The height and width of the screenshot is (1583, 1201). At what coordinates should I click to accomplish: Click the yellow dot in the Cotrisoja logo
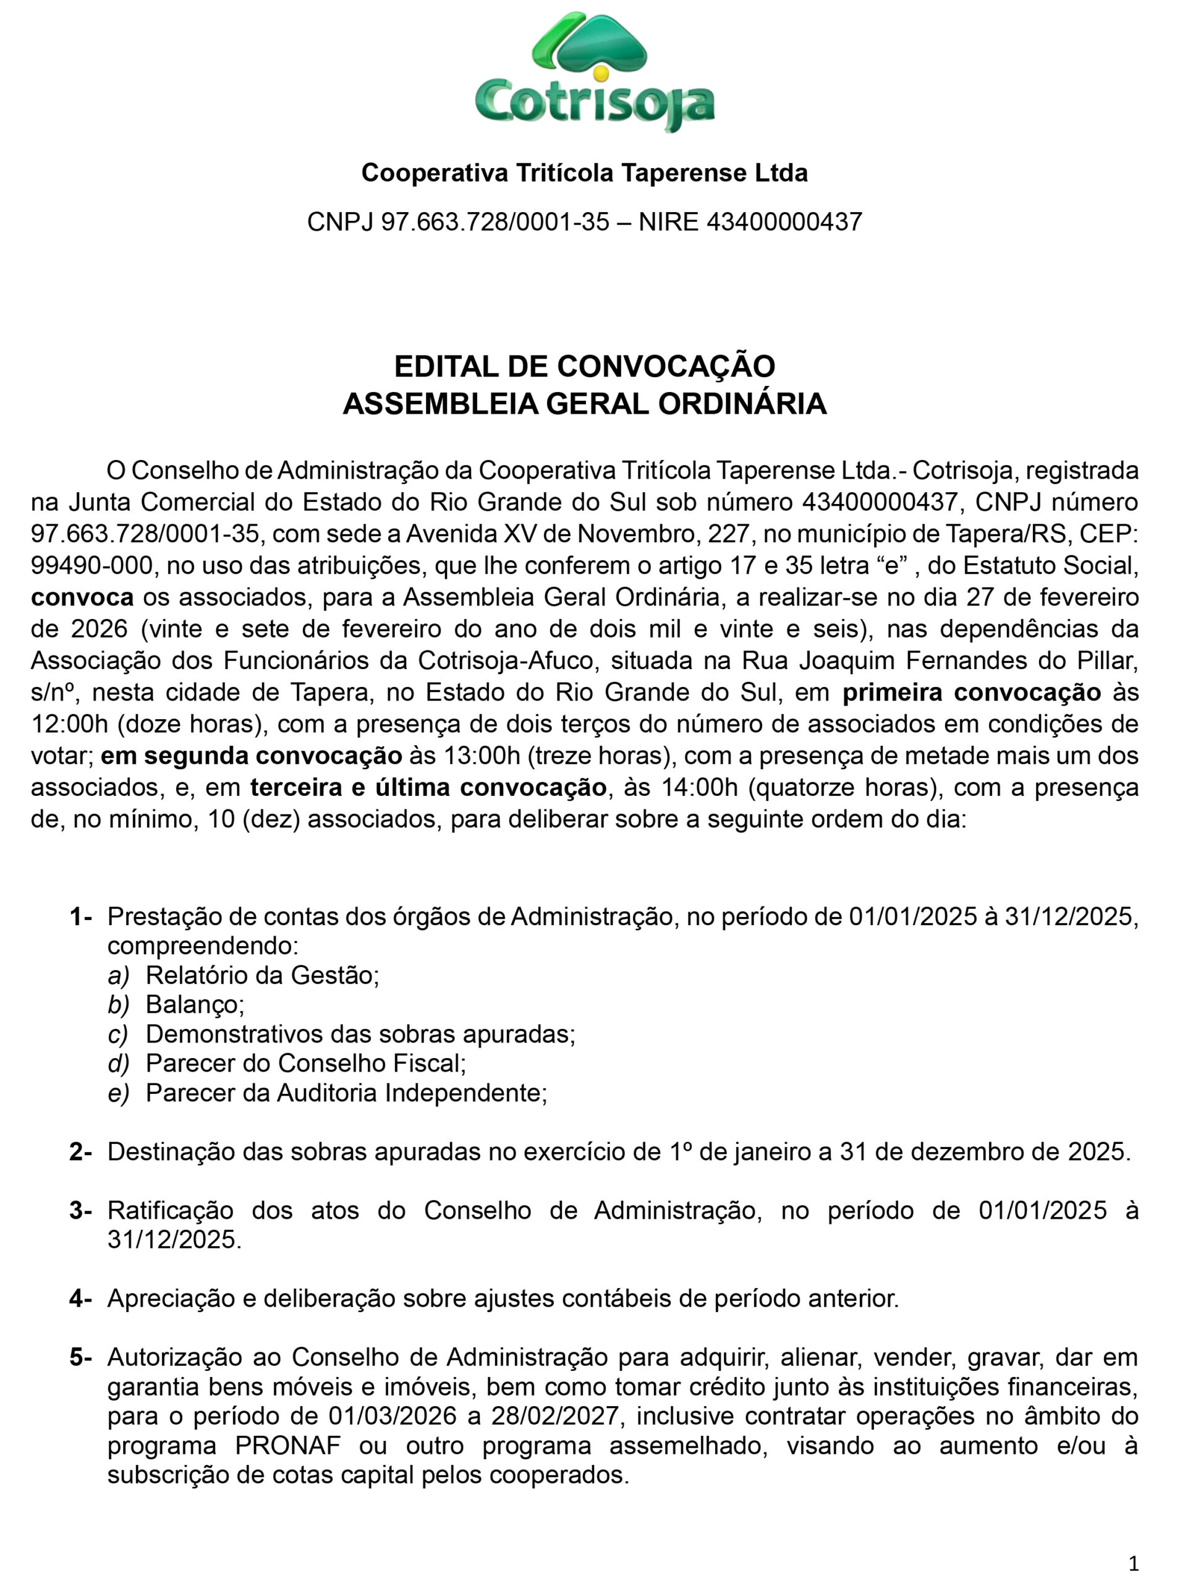pos(601,73)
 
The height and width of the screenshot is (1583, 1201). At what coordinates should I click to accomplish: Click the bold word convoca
pos(82,597)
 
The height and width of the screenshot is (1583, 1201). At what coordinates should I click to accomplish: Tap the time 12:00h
pos(69,723)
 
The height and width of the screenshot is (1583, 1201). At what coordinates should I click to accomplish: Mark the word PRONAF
pos(288,1446)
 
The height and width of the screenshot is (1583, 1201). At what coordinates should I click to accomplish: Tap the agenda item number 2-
pos(81,1151)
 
